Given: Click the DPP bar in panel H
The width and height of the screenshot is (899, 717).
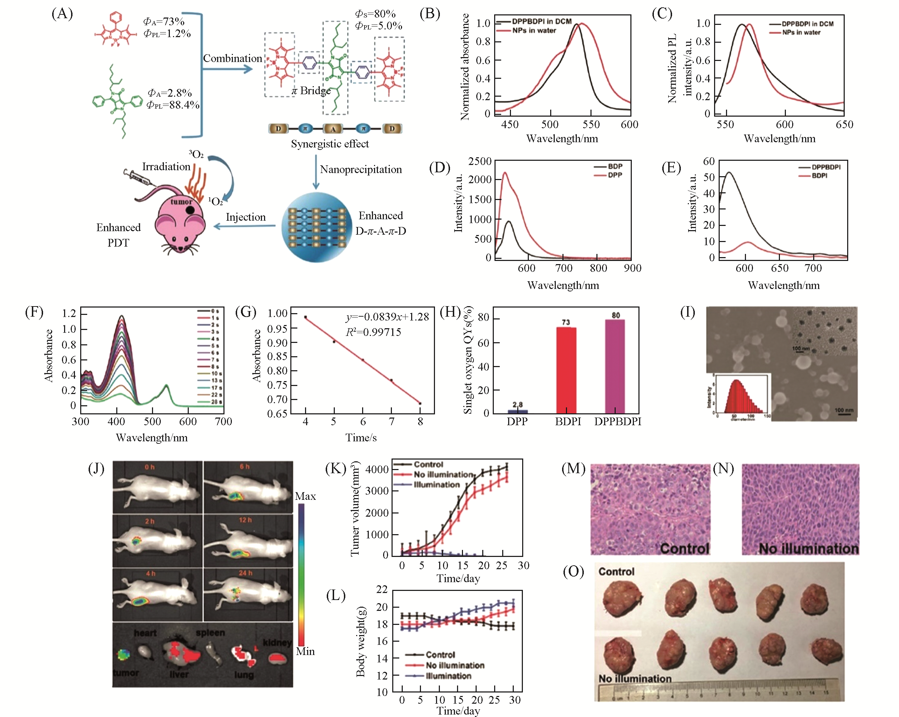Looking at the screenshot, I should pyautogui.click(x=518, y=411).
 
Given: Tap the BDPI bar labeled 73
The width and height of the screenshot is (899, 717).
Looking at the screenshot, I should pyautogui.click(x=566, y=370).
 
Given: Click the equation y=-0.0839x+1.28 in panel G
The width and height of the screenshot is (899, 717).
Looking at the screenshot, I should pyautogui.click(x=387, y=317).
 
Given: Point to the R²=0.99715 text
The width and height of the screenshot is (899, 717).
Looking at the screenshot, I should pyautogui.click(x=373, y=332).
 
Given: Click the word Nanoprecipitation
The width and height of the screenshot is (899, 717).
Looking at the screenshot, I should pyautogui.click(x=361, y=169).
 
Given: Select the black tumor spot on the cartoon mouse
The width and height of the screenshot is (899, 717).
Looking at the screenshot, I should pyautogui.click(x=190, y=210).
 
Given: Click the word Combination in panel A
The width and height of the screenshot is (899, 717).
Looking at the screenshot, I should pyautogui.click(x=232, y=58).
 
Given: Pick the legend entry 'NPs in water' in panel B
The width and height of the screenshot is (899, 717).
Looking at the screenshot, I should pyautogui.click(x=534, y=30).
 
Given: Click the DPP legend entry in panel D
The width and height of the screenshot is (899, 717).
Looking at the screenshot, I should pyautogui.click(x=615, y=175).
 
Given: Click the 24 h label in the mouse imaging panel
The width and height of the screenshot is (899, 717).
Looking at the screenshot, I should pyautogui.click(x=245, y=573).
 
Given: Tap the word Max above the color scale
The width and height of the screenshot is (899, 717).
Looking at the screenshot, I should pyautogui.click(x=305, y=496).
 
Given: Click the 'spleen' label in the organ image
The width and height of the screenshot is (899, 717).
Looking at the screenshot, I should pyautogui.click(x=210, y=632).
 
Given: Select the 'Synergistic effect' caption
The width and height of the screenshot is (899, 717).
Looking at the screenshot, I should pyautogui.click(x=330, y=144).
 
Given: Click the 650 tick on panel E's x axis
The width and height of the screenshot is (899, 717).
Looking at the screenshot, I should pyautogui.click(x=779, y=268).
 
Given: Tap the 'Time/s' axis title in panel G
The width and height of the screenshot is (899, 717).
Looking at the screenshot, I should pyautogui.click(x=361, y=437).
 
